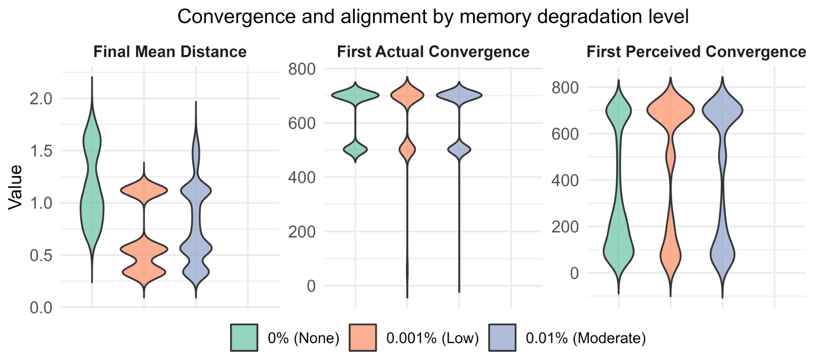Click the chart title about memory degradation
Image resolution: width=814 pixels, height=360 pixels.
[x=433, y=17]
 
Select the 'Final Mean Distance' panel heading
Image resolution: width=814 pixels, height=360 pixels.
[x=170, y=52]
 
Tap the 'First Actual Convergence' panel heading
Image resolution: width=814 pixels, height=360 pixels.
[x=433, y=52]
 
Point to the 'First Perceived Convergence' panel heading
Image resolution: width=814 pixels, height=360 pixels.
[x=696, y=52]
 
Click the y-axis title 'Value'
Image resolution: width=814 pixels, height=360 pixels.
[x=16, y=187]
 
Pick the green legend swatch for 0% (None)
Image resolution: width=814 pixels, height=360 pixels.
[x=244, y=338]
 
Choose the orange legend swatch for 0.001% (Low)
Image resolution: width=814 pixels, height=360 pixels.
[x=363, y=338]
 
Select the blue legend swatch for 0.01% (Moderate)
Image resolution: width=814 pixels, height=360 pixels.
[x=502, y=338]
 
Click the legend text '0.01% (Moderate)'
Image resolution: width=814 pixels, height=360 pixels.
[x=586, y=338]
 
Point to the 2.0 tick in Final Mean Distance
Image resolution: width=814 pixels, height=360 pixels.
[x=41, y=99]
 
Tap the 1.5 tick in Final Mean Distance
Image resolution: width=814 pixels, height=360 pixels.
[x=41, y=151]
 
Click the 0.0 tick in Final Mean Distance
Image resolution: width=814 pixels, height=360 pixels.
[x=41, y=308]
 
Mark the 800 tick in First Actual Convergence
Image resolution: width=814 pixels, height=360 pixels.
[x=302, y=69]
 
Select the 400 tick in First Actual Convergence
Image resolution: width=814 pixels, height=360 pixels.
[x=302, y=178]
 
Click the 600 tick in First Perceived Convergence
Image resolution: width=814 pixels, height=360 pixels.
[x=565, y=134]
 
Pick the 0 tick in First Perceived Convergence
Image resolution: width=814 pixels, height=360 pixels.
[x=574, y=273]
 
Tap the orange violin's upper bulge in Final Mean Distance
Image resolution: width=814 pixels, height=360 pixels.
[x=144, y=190]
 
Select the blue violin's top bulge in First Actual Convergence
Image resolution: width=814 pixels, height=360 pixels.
[x=459, y=95]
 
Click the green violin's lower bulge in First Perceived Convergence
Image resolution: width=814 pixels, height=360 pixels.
[x=619, y=251]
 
